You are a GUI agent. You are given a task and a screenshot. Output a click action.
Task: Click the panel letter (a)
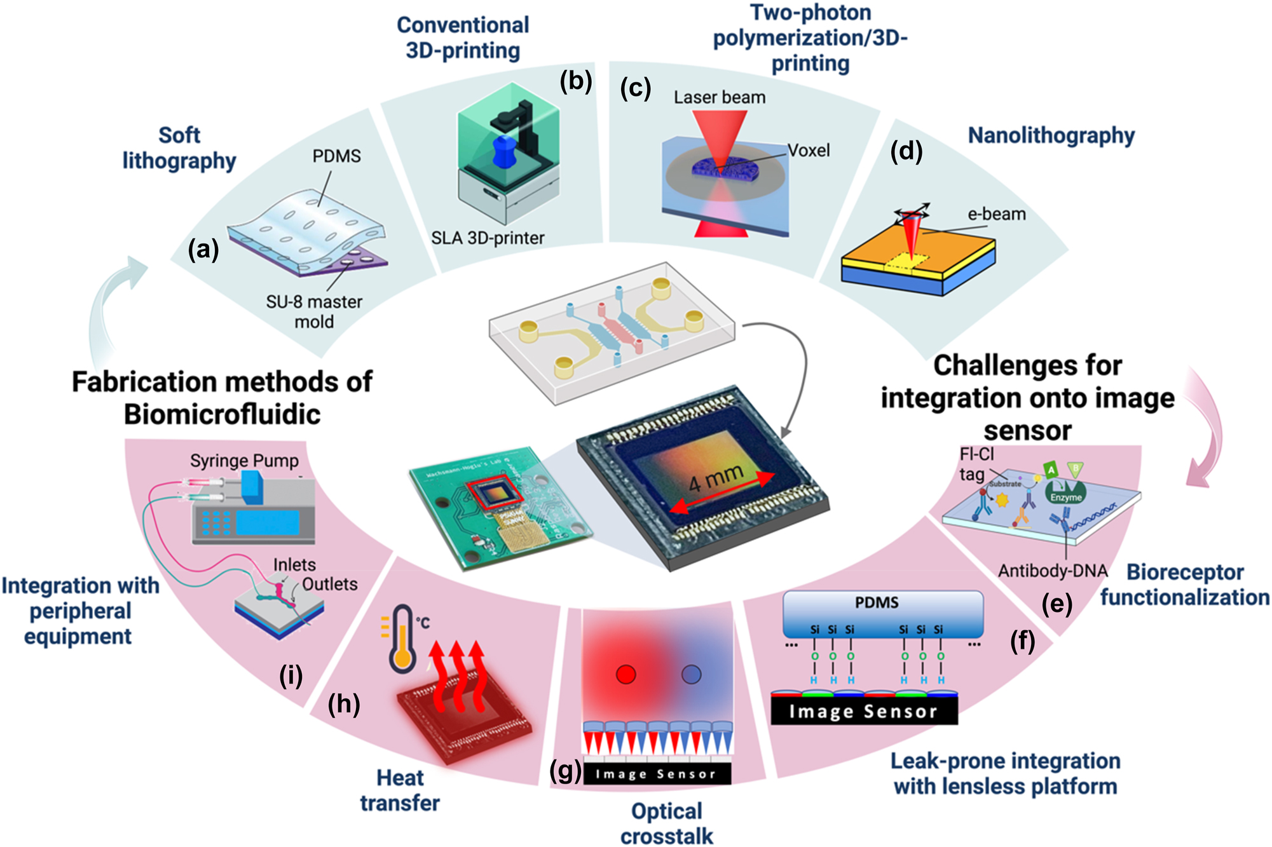click(x=203, y=250)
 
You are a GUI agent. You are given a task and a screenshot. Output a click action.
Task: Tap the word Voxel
click(x=809, y=151)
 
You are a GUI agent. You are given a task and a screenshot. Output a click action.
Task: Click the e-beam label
click(x=996, y=214)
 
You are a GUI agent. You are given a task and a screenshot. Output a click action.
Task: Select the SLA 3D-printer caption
click(x=488, y=238)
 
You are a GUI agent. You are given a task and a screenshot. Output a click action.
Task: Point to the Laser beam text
click(x=719, y=97)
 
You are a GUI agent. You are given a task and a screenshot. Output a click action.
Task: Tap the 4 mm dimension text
click(x=716, y=477)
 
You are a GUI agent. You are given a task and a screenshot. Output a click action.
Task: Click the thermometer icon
click(x=402, y=639)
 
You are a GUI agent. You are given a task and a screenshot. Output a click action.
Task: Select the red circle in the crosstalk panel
click(x=626, y=674)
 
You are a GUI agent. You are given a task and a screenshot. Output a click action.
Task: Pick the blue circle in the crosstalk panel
click(x=691, y=674)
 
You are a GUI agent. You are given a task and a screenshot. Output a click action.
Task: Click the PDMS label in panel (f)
click(x=876, y=602)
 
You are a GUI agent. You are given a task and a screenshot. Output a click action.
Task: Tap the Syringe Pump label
click(x=244, y=461)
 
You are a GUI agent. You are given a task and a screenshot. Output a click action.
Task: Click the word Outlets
click(x=329, y=584)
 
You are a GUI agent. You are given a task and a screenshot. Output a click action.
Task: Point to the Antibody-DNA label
click(x=1053, y=571)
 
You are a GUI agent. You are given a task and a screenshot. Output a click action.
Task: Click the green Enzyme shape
click(x=1065, y=493)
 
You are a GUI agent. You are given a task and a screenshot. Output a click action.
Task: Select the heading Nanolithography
click(x=1051, y=135)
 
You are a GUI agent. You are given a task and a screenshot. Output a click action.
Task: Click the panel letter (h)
click(x=343, y=704)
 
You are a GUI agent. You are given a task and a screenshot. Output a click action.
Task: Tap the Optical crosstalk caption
click(x=666, y=823)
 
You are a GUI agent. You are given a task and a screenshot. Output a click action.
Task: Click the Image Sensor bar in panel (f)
click(x=863, y=711)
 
